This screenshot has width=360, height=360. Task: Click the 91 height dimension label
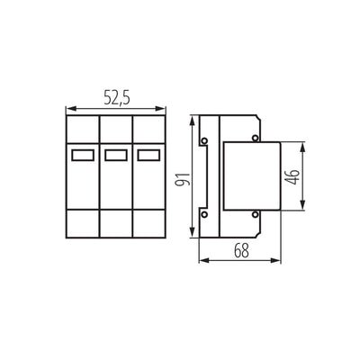pyautogui.click(x=184, y=179)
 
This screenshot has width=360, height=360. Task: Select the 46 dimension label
pyautogui.click(x=292, y=177)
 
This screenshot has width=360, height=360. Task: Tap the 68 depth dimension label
pyautogui.click(x=241, y=250)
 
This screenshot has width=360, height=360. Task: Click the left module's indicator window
pyautogui.click(x=83, y=155)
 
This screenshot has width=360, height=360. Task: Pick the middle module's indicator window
pyautogui.click(x=116, y=155)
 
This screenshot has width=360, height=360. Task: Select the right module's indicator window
pyautogui.click(x=148, y=155)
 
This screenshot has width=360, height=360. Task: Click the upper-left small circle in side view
pyautogui.click(x=204, y=140)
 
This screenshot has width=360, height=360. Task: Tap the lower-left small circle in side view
pyautogui.click(x=204, y=214)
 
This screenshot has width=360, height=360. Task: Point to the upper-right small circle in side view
pyautogui.click(x=255, y=138)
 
